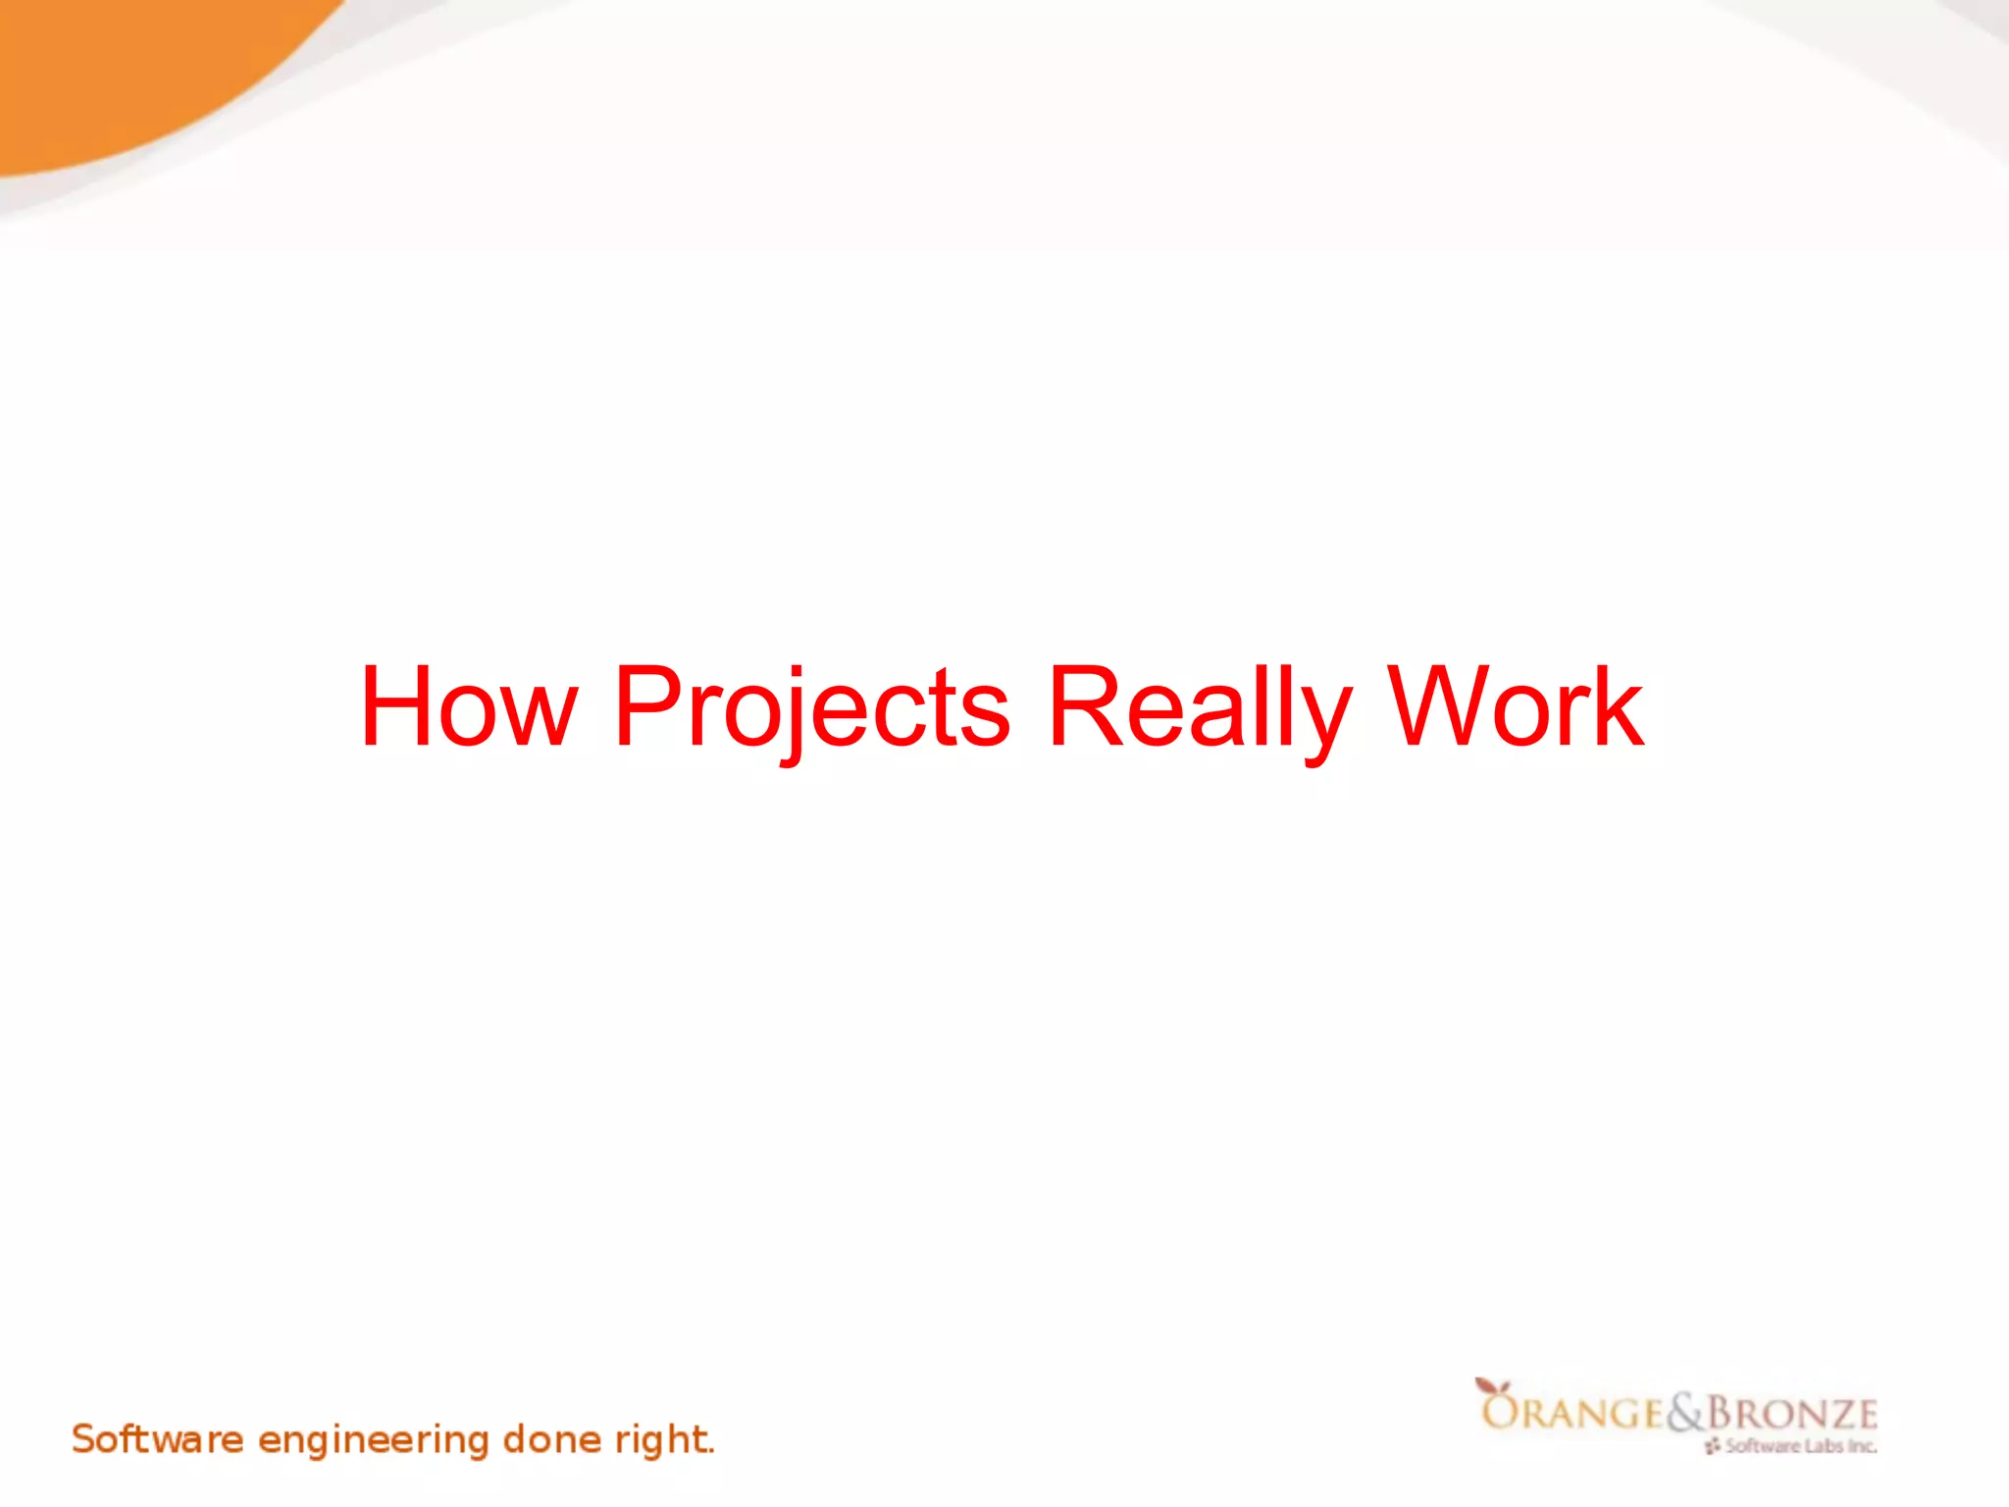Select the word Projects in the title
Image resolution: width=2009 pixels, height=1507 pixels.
tap(811, 708)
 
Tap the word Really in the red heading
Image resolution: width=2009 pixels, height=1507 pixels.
tap(1200, 708)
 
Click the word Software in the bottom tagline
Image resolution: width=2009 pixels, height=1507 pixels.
tap(157, 1439)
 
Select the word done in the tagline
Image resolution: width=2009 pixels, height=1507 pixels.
tap(552, 1439)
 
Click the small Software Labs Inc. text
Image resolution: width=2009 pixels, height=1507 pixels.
tap(1801, 1446)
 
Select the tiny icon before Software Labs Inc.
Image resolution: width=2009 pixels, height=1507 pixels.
tap(1713, 1446)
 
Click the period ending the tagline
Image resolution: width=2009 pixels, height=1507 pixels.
tap(712, 1452)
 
